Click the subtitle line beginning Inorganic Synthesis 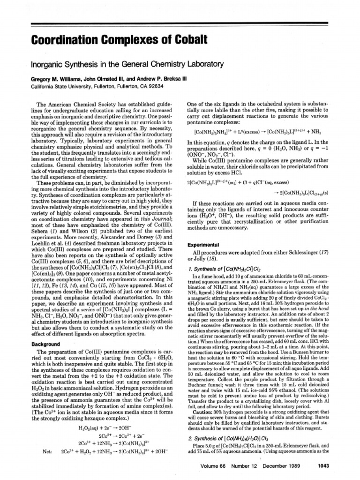click(x=126, y=64)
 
